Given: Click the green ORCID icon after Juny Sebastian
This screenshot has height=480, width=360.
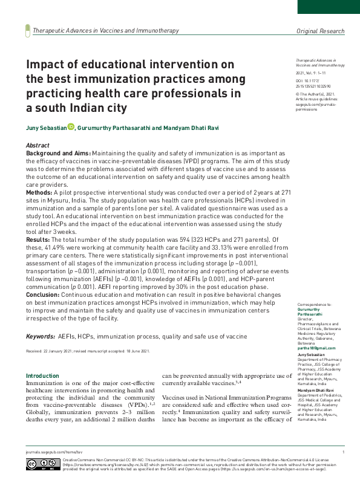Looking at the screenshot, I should [71, 126].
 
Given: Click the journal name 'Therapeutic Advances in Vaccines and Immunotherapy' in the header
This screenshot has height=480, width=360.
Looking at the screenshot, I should [106, 31].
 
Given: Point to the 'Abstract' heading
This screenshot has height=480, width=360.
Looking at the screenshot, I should [38, 146].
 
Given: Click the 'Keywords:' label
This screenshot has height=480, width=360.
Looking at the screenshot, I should [40, 336].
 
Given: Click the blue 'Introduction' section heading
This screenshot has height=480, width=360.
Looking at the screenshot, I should [42, 376].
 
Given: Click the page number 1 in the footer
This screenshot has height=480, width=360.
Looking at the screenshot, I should [343, 452].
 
